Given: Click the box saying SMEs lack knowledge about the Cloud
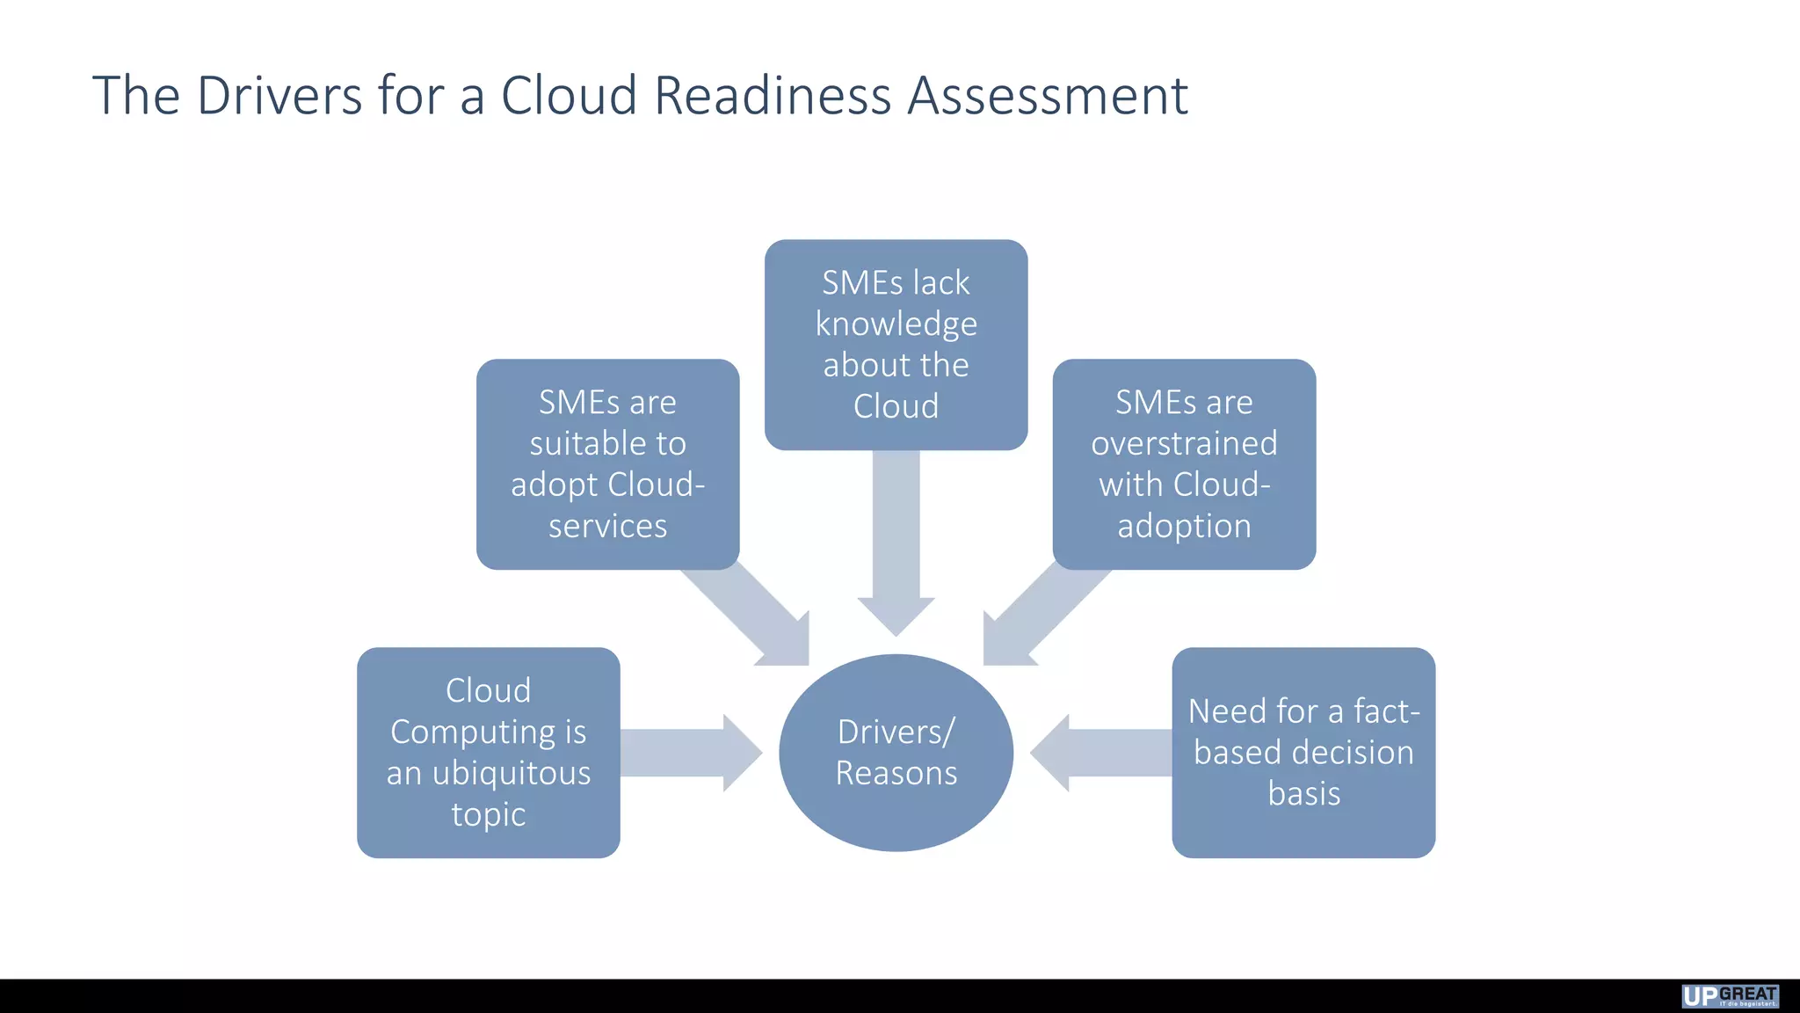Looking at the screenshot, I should coord(896,345).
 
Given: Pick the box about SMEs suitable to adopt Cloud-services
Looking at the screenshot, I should coord(607,463).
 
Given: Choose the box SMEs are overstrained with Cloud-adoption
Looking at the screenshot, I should coord(1184,463).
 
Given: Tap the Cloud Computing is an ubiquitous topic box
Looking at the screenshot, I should coord(488,752).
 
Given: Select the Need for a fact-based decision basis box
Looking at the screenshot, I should coord(1303,752).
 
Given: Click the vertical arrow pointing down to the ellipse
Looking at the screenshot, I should coord(896,536).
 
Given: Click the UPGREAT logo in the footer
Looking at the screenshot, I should coord(1730,995).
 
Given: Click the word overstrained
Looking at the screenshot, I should coord(1184,443).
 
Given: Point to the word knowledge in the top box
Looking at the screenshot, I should coord(896,324).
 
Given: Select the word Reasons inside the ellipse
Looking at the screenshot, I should coord(896,773).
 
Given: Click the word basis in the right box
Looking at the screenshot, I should coord(1303,793).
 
